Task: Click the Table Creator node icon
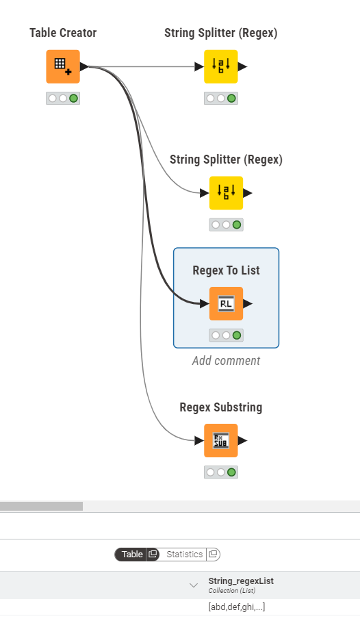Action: point(63,66)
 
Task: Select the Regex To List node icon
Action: point(227,303)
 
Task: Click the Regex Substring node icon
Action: point(221,440)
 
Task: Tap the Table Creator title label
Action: point(63,33)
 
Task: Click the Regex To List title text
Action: point(227,270)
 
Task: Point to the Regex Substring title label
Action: point(221,407)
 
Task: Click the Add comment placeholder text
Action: point(227,361)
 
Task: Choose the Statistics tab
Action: point(185,554)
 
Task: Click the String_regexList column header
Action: point(241,581)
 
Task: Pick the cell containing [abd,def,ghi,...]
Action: point(237,607)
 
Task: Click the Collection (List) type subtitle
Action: point(232,591)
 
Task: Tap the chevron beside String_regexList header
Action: point(194,585)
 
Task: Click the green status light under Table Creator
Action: point(73,98)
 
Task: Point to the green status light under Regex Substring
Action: point(231,472)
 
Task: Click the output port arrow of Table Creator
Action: point(84,66)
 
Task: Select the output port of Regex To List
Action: point(248,303)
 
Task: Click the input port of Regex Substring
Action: point(199,440)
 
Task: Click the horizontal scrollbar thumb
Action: point(41,506)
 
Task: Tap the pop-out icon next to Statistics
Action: point(213,554)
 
